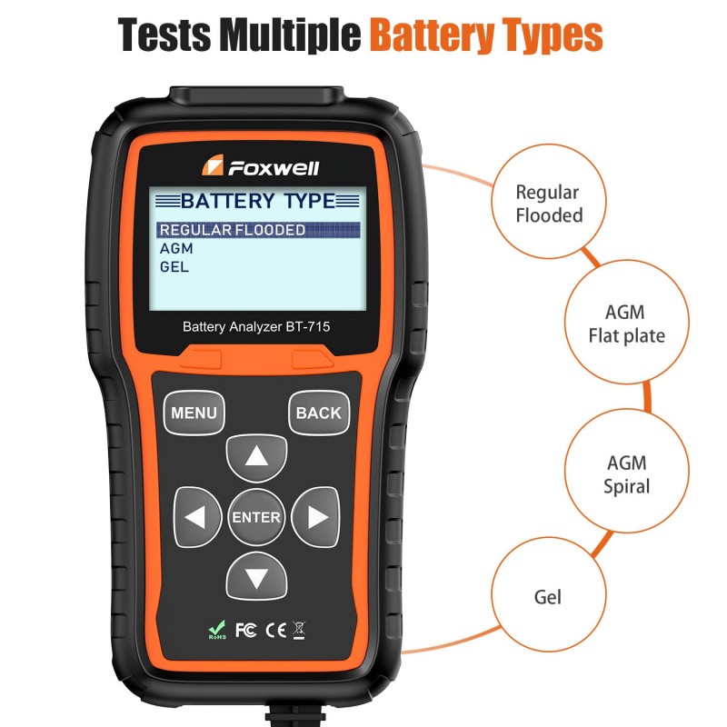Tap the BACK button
tap(319, 413)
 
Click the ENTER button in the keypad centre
tap(256, 517)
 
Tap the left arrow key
tap(198, 517)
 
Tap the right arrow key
tap(315, 517)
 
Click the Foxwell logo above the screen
tap(260, 167)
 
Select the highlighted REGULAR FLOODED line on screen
tap(233, 230)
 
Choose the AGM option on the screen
tap(176, 248)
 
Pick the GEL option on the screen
tap(174, 266)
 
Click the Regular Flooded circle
tap(548, 204)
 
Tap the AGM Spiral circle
tap(626, 474)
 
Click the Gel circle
tap(548, 597)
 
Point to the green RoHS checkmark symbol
tap(217, 627)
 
